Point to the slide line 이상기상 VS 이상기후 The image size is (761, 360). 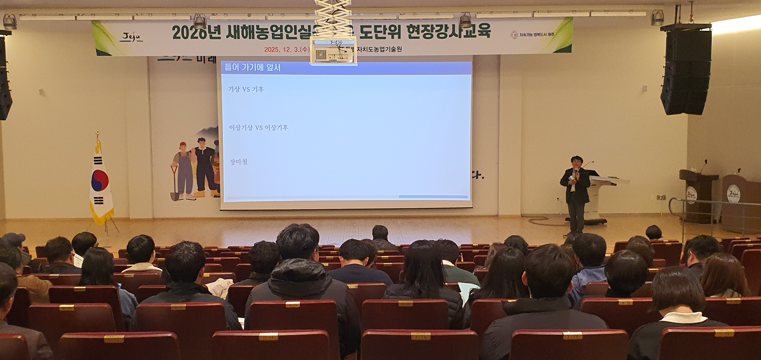(259, 128)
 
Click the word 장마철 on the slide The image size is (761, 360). (238, 162)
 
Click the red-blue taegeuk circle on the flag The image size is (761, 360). (100, 180)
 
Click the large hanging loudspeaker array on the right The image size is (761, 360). (686, 71)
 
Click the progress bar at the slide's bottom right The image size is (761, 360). (433, 197)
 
